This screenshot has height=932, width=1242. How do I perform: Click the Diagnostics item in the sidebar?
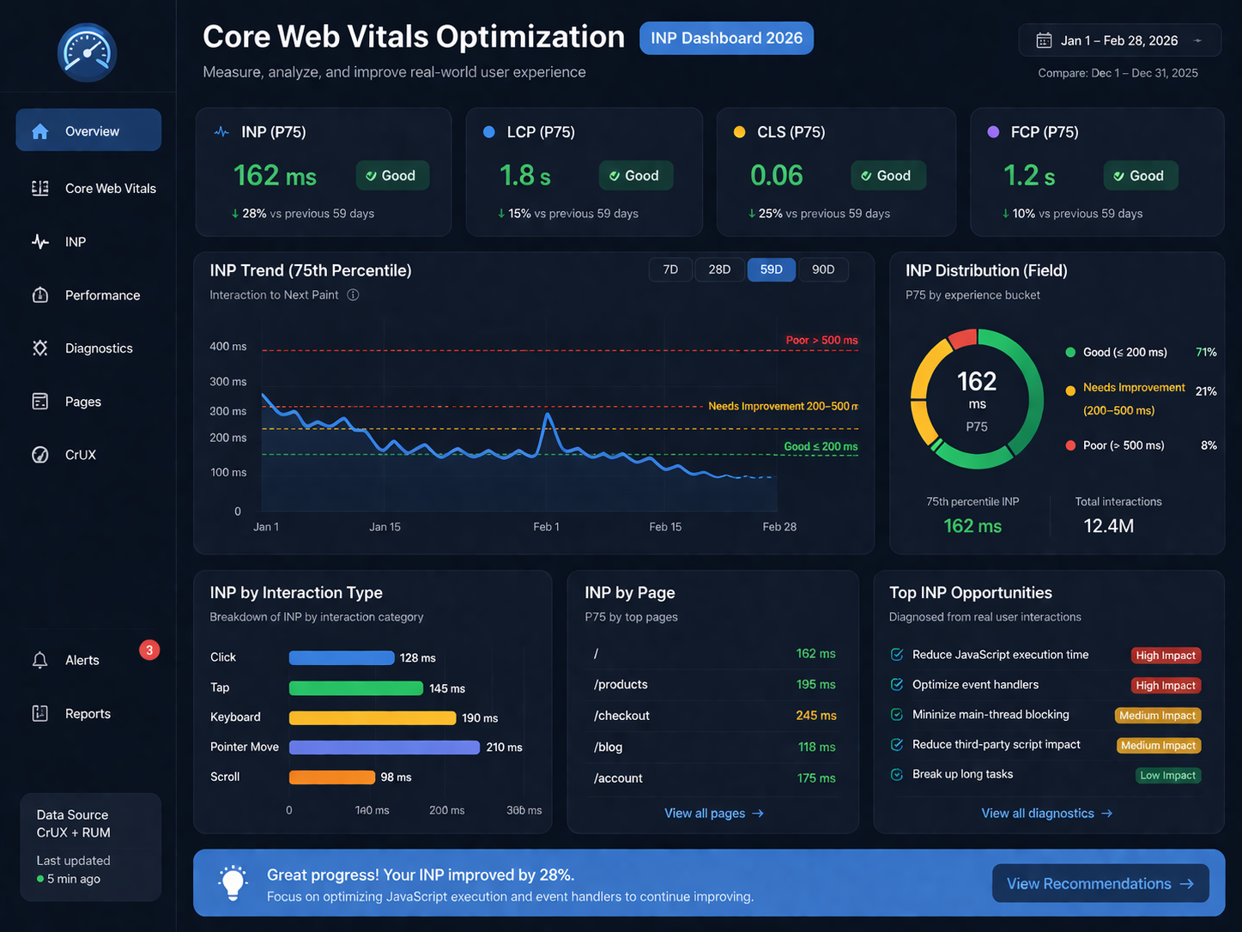[99, 348]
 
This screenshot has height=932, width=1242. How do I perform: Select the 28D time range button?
[719, 269]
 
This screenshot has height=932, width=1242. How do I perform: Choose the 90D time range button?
[823, 269]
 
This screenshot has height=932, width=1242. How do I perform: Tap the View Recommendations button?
[1100, 884]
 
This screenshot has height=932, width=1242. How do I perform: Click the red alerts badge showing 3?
[149, 651]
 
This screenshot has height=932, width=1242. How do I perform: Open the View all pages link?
[713, 814]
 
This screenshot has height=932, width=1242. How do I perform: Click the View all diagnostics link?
[1046, 814]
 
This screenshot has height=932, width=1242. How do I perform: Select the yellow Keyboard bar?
[372, 717]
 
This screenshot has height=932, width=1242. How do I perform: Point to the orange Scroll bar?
[331, 778]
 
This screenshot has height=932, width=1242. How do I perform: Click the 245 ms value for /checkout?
[815, 716]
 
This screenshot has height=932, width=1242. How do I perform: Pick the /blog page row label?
[608, 747]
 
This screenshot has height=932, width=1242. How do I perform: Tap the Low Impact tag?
[1167, 776]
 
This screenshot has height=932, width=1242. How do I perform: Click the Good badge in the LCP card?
[635, 176]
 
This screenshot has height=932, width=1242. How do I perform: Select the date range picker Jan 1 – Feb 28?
[1118, 40]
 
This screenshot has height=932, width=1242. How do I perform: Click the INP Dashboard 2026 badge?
[726, 39]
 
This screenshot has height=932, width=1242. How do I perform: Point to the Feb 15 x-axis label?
[665, 527]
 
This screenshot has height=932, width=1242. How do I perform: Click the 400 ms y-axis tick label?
[227, 347]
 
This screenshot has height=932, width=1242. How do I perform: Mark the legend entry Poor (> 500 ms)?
[1123, 445]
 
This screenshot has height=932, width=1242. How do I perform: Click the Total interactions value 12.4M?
[1108, 526]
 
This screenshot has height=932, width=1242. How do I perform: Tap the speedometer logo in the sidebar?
[87, 53]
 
